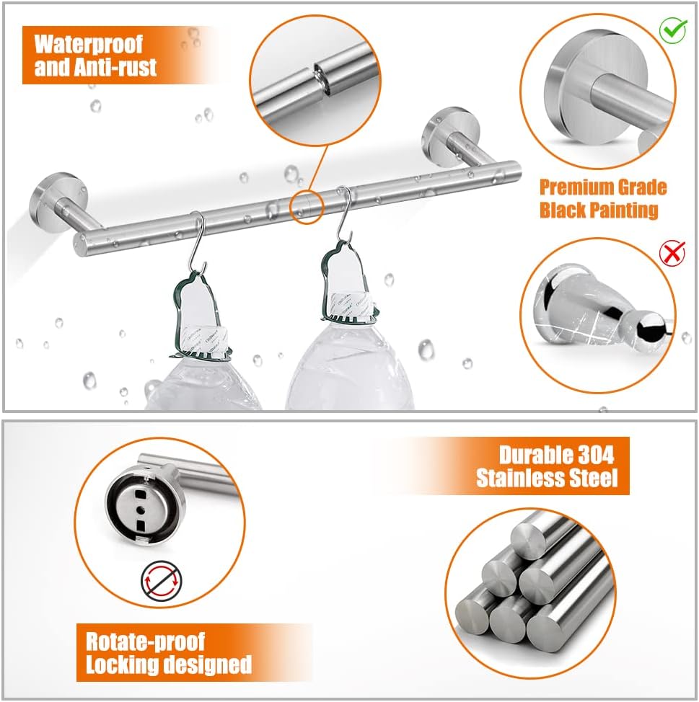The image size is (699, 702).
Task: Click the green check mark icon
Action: (672, 30)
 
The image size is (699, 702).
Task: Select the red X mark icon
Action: (672, 253)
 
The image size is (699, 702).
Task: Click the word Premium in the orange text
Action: (571, 187)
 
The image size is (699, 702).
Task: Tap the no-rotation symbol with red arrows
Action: (162, 582)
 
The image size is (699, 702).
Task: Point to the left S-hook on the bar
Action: (198, 241)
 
